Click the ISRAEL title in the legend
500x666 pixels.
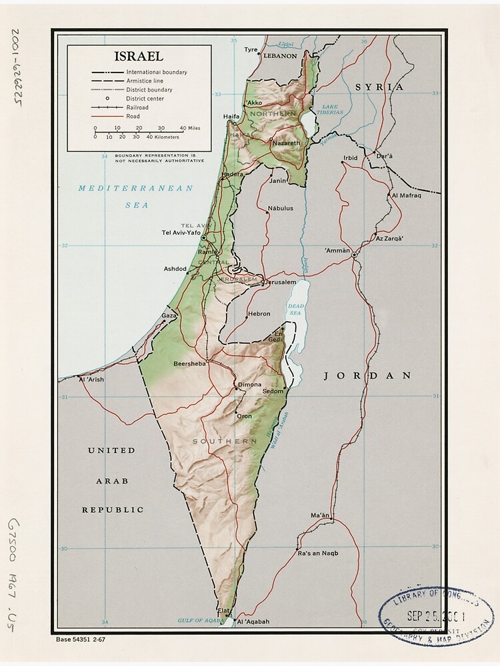coord(139,57)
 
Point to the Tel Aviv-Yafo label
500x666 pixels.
coord(181,232)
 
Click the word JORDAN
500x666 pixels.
coord(367,376)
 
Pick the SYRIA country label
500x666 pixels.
coord(379,87)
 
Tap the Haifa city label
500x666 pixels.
coord(231,117)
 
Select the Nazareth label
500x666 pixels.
coord(286,143)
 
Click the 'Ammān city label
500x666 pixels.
coord(337,250)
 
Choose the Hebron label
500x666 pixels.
coord(259,314)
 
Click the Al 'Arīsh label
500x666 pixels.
coord(92,380)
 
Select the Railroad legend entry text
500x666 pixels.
coord(138,107)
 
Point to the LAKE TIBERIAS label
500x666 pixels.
coord(331,109)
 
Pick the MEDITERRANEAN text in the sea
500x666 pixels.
coord(135,188)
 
